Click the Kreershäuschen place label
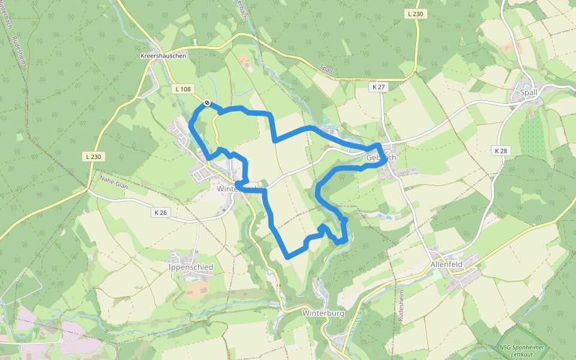pos(163,55)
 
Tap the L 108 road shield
pos(183,89)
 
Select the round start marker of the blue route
pos(206,103)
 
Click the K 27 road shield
pos(378,87)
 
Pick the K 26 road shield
pos(160,212)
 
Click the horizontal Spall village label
pos(529,92)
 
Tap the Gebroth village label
pos(381,158)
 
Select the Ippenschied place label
pos(191,267)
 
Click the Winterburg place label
pos(323,313)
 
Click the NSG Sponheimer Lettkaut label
pos(520,351)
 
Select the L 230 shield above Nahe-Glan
pos(94,157)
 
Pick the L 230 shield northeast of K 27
pos(415,14)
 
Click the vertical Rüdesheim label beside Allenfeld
pos(400,306)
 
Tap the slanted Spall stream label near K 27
pos(326,70)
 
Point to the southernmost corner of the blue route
pos(288,256)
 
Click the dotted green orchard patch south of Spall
pos(531,137)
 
